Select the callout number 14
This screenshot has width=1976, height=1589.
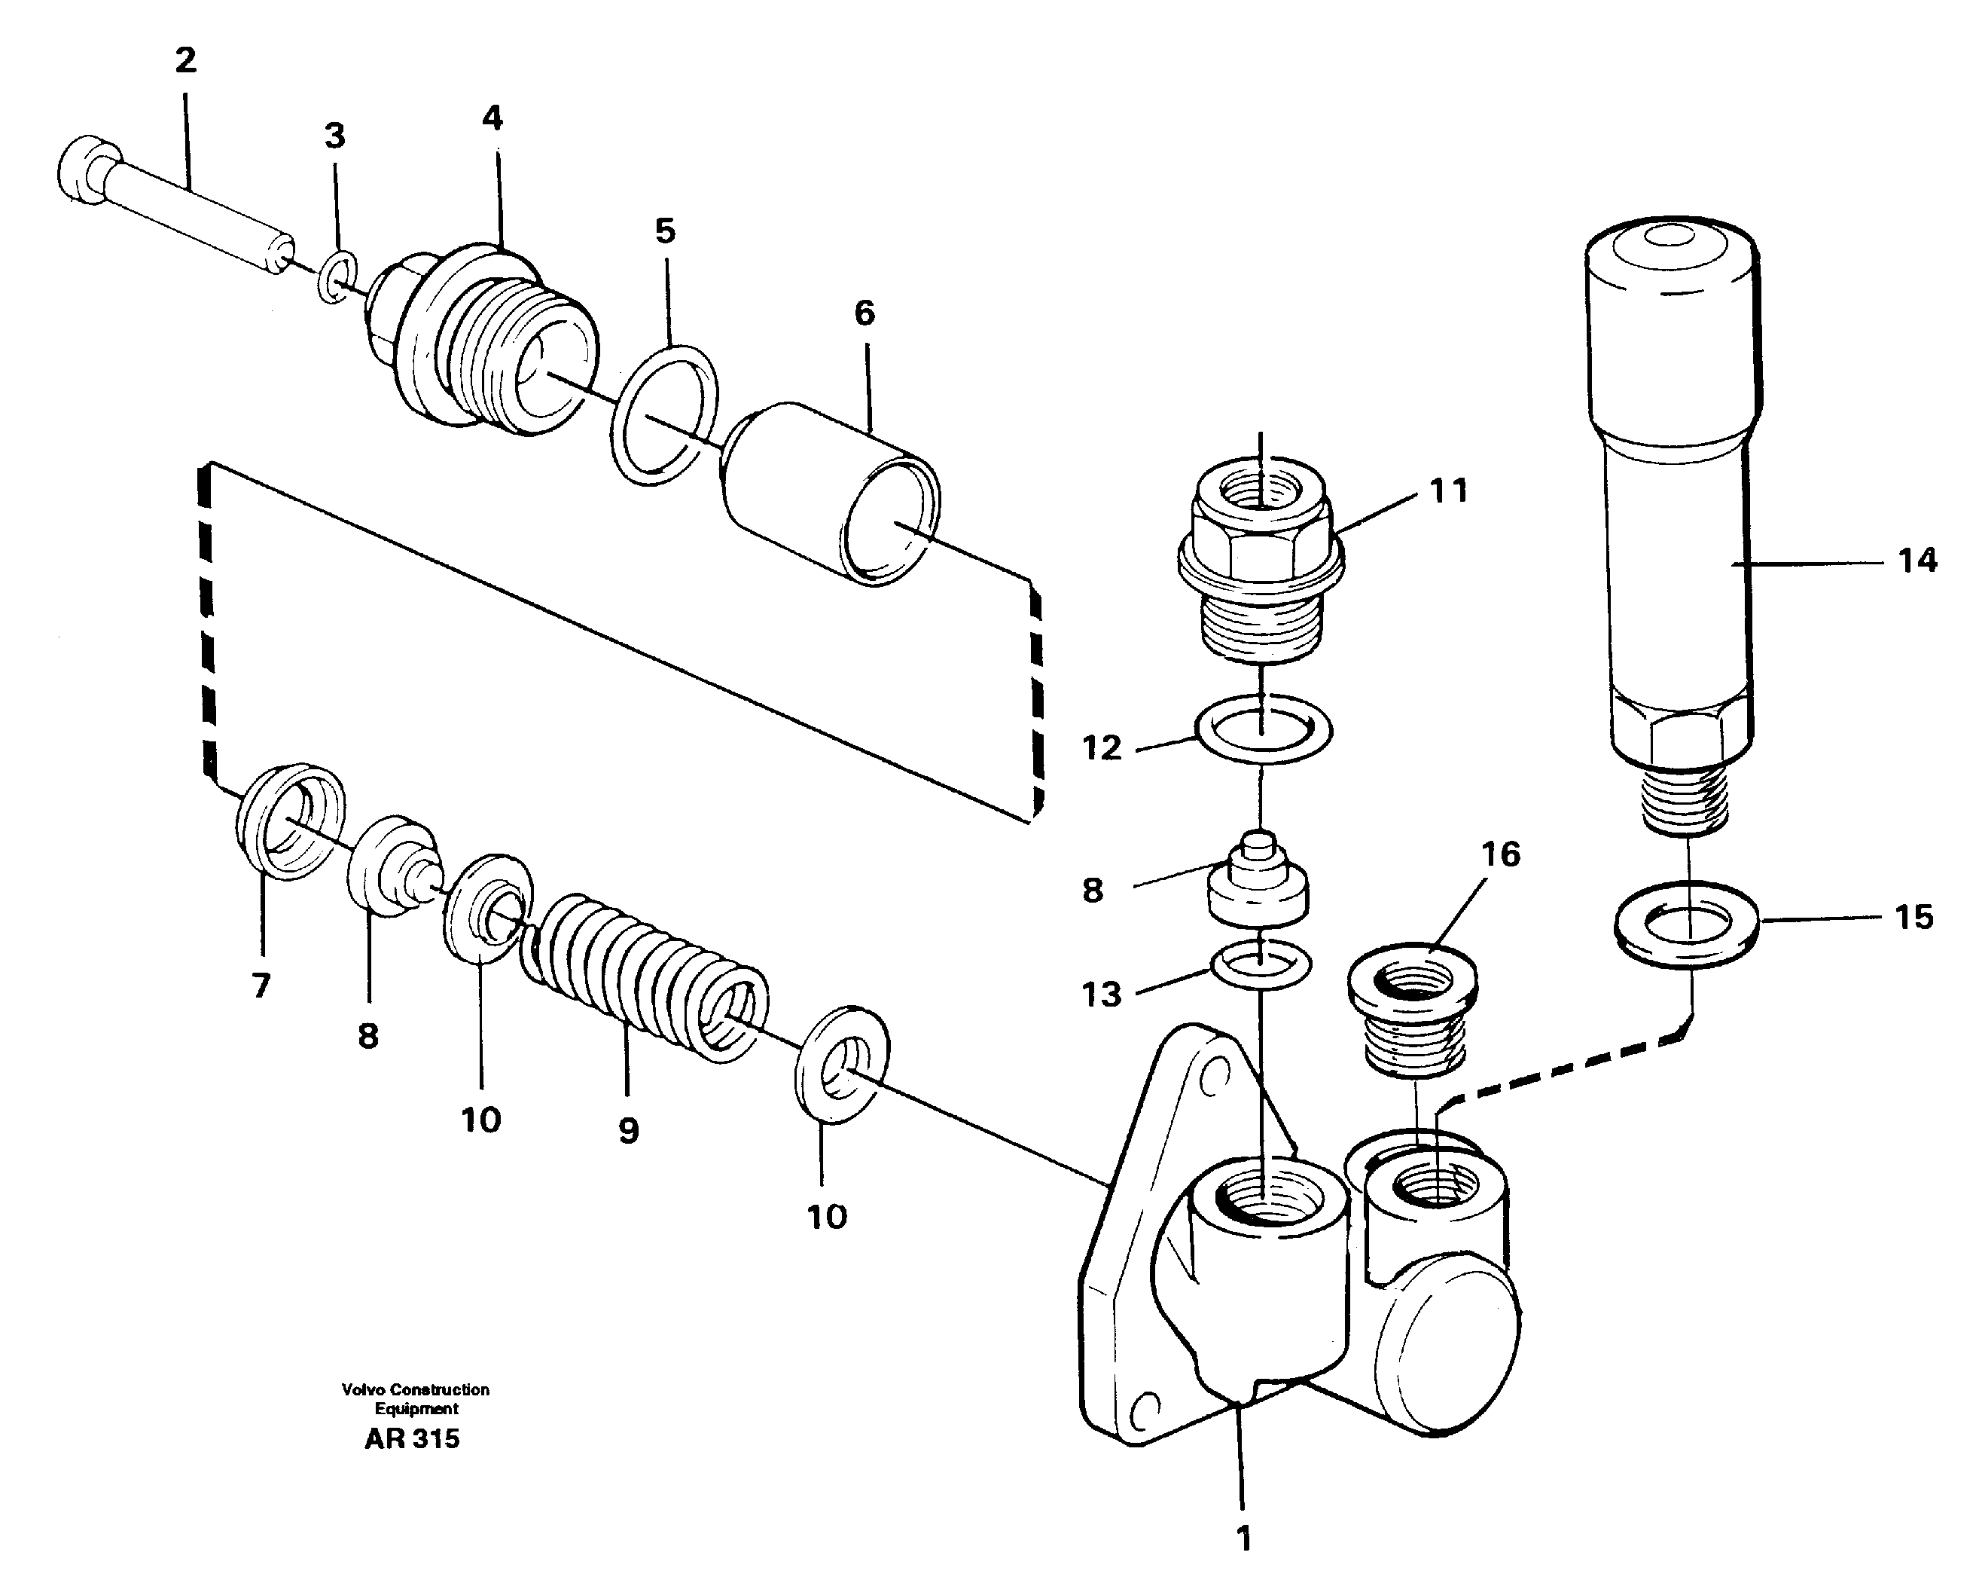click(x=1917, y=561)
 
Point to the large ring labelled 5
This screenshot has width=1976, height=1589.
click(x=664, y=414)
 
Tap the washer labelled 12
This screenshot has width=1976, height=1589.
click(x=1263, y=730)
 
